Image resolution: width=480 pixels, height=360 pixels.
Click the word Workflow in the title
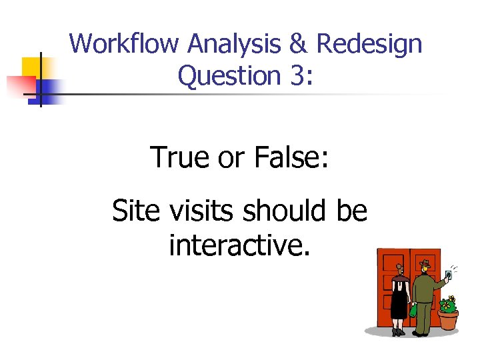click(125, 44)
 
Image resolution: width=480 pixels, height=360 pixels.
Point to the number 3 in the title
click(296, 76)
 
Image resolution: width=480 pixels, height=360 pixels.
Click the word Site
click(135, 211)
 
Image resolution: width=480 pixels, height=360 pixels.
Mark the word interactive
click(239, 245)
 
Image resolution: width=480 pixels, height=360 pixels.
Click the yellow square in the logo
click(32, 67)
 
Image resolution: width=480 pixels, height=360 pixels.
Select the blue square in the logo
click(48, 88)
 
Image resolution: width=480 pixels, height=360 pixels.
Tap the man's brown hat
click(425, 263)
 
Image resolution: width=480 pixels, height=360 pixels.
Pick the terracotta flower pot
click(448, 320)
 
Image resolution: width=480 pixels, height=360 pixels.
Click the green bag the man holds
click(413, 310)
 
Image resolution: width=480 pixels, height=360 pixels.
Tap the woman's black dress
click(399, 300)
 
